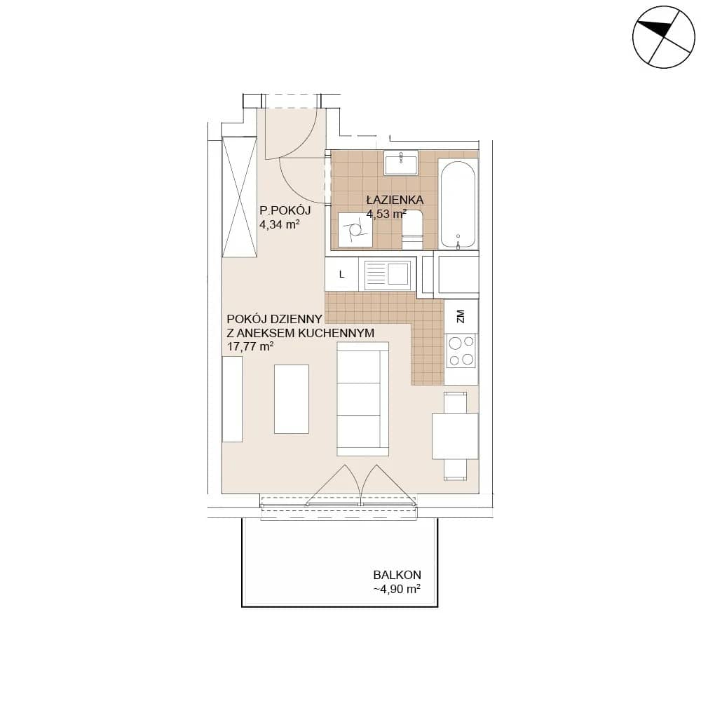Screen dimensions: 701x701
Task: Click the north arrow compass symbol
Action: click(x=663, y=36)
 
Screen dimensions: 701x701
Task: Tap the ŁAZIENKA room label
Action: click(x=395, y=200)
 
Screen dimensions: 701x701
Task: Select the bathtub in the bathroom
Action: click(x=457, y=203)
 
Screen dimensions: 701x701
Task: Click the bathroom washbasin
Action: click(x=401, y=163)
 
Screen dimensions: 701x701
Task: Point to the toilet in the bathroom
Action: click(x=412, y=231)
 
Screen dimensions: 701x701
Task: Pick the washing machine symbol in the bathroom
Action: click(x=355, y=230)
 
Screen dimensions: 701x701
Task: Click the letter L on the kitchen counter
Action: click(x=342, y=275)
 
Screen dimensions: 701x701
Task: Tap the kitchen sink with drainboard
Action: click(x=388, y=275)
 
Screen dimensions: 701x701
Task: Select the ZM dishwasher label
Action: click(x=461, y=316)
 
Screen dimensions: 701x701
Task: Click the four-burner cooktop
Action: click(x=461, y=351)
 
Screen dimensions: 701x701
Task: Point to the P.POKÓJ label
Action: click(x=285, y=210)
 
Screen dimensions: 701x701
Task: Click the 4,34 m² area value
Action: click(x=280, y=224)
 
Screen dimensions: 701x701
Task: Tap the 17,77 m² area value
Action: click(x=250, y=346)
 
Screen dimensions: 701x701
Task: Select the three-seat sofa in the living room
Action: click(x=362, y=399)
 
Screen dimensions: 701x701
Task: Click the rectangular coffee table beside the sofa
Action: click(x=292, y=399)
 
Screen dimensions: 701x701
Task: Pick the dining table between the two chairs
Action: click(x=455, y=436)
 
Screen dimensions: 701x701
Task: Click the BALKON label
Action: click(x=397, y=575)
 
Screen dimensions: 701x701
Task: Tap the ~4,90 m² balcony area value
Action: click(x=397, y=589)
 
